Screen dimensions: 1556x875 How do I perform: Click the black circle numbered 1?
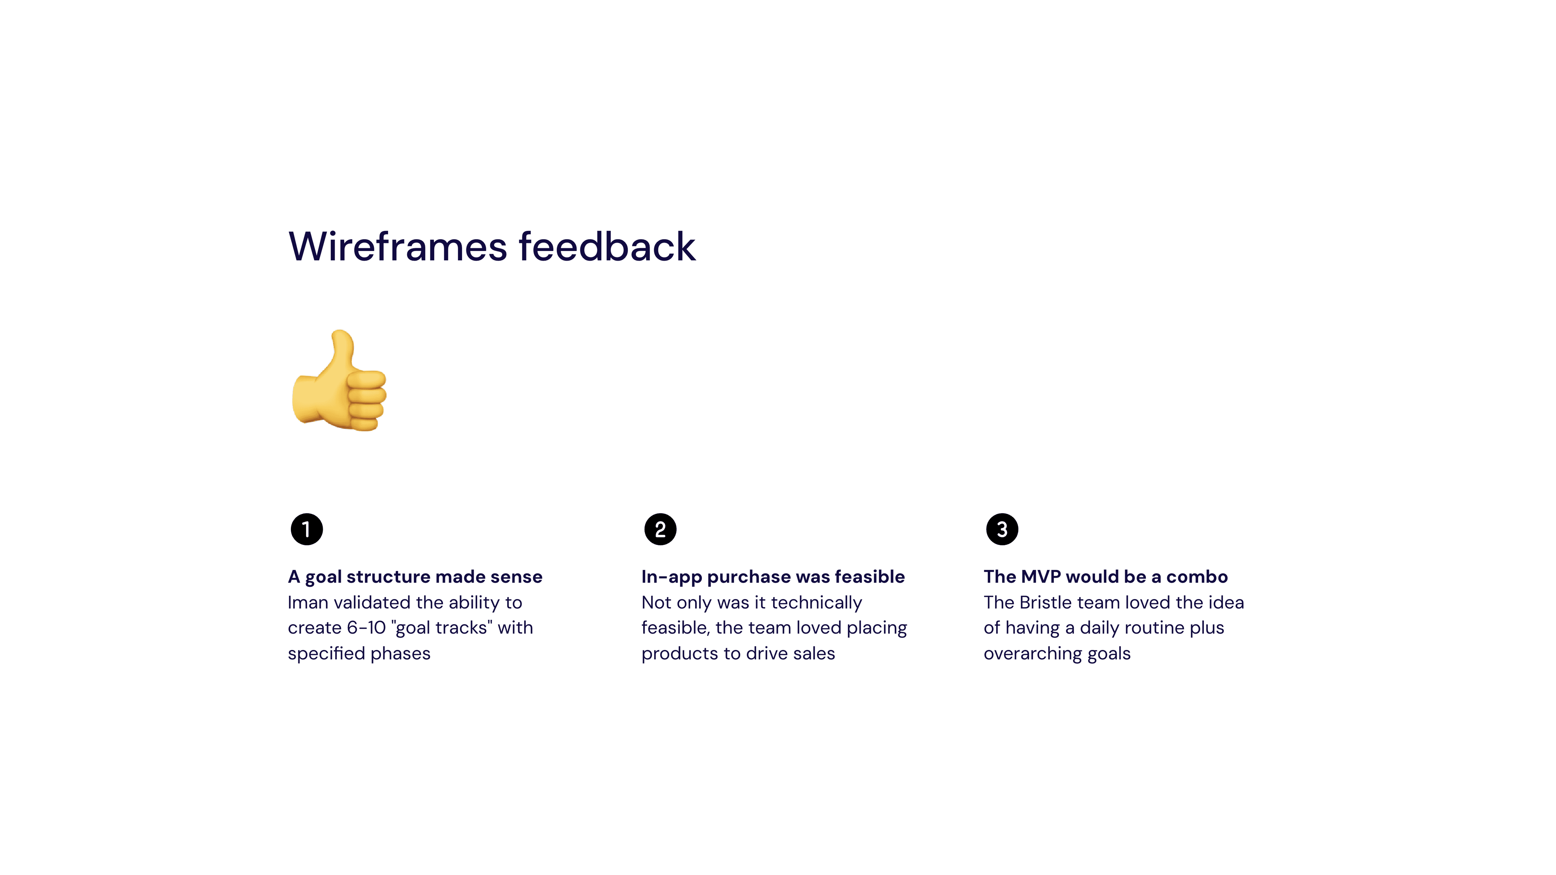click(x=307, y=530)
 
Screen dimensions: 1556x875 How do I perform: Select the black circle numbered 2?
click(x=660, y=530)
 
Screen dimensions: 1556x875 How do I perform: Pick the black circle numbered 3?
click(x=1002, y=530)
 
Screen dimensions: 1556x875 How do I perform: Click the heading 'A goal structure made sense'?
click(x=415, y=577)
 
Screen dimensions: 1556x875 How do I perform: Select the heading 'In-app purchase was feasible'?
click(x=773, y=577)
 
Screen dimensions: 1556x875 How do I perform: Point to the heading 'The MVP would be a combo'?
click(x=1105, y=577)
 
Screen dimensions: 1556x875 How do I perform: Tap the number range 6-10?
click(x=366, y=628)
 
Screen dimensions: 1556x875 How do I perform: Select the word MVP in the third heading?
click(x=1041, y=577)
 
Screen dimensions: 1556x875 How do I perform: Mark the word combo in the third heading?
click(x=1197, y=577)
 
